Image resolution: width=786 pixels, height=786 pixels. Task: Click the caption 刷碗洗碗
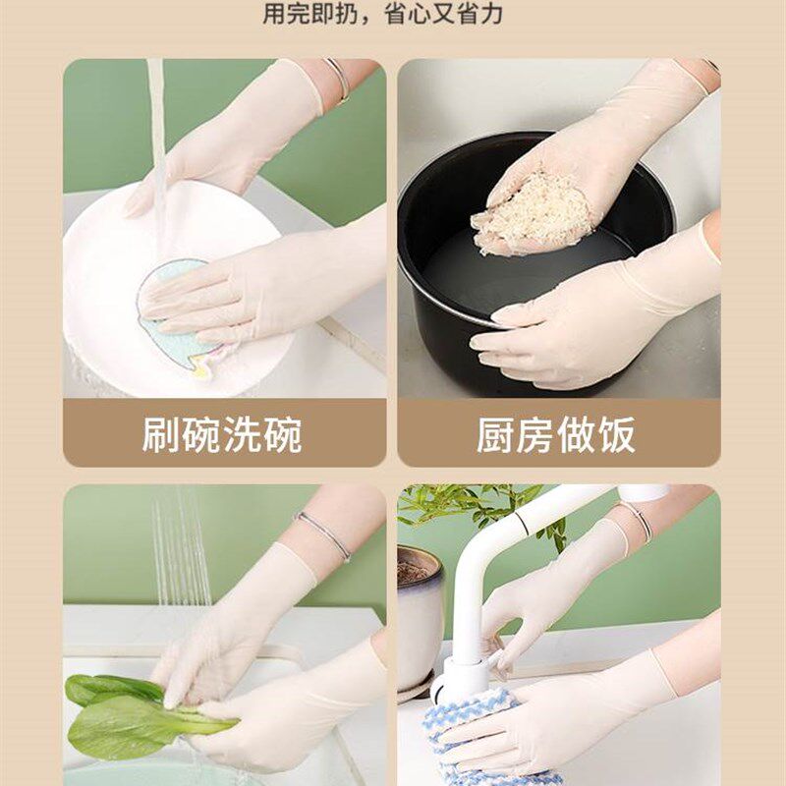(x=222, y=435)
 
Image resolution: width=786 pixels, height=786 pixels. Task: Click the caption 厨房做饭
(x=556, y=435)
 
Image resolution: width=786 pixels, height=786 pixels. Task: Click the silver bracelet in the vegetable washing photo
(x=325, y=536)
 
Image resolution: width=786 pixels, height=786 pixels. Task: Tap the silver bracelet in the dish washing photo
(x=339, y=79)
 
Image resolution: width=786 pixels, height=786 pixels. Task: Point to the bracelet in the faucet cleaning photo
(x=637, y=521)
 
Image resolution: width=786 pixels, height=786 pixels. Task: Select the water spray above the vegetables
(x=182, y=550)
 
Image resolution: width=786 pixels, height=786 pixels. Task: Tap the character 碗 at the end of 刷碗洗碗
(x=282, y=435)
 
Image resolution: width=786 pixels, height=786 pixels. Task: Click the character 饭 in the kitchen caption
(x=616, y=435)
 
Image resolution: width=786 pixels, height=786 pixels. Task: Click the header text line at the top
(x=393, y=15)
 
